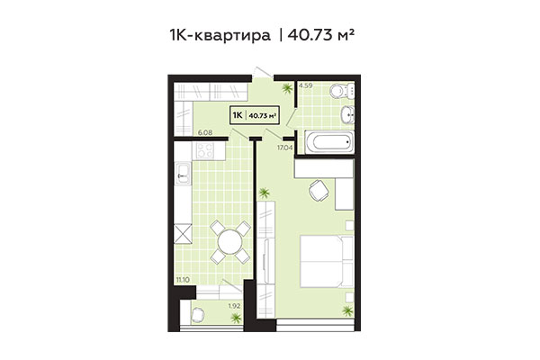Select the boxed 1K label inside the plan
pos(238,114)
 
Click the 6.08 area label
pos(203,133)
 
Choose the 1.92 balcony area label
pos(234,307)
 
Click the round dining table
pos(231,240)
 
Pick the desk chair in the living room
pos(318,190)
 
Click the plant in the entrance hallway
pos(287,87)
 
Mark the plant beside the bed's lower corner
pos(347,310)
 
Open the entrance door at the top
pos(260,71)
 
